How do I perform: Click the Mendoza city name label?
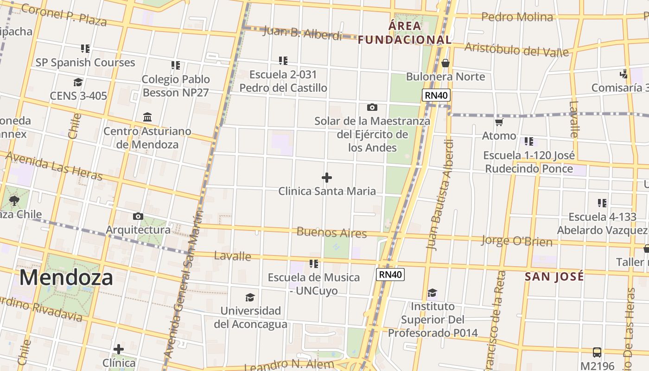click(x=66, y=277)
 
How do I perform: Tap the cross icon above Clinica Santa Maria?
click(x=327, y=178)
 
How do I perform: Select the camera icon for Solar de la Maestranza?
click(x=372, y=108)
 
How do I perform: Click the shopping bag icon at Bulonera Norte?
click(x=445, y=63)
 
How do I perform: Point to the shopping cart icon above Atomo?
click(x=499, y=122)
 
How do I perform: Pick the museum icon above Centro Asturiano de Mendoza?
click(x=147, y=117)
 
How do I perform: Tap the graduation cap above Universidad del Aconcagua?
click(x=250, y=297)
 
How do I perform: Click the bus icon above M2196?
click(x=597, y=352)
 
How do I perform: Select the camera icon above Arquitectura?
click(x=138, y=217)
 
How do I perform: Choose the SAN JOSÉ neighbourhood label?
click(x=554, y=277)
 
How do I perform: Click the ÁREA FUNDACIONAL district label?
click(x=405, y=32)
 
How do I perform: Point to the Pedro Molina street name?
click(x=517, y=18)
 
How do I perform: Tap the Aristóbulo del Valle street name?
click(x=516, y=49)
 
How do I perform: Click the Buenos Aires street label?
click(x=331, y=232)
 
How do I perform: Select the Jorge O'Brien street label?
click(x=516, y=241)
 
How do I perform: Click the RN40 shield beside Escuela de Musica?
click(x=390, y=275)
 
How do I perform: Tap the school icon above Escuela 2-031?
click(x=283, y=61)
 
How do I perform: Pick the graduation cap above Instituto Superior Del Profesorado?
click(x=433, y=293)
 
